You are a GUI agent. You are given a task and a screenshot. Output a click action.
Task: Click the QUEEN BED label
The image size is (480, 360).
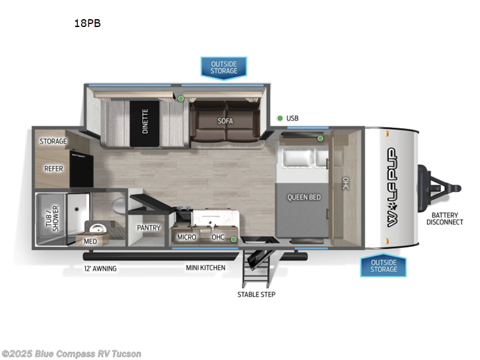pyautogui.click(x=304, y=197)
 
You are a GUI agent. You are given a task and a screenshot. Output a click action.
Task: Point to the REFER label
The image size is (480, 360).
pyautogui.click(x=53, y=169)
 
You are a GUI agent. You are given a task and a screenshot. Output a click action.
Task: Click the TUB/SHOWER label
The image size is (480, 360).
pyautogui.click(x=52, y=218)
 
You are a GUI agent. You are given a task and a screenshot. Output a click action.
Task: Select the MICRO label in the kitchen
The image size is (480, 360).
pyautogui.click(x=187, y=237)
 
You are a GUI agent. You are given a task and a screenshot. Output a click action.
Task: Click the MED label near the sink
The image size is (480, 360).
pyautogui.click(x=90, y=242)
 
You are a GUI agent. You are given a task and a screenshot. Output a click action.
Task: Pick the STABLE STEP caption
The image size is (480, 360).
pyautogui.click(x=256, y=295)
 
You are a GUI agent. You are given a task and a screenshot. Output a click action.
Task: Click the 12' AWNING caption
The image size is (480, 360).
pyautogui.click(x=100, y=268)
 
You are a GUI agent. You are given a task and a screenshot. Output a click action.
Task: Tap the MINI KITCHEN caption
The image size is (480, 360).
pyautogui.click(x=205, y=268)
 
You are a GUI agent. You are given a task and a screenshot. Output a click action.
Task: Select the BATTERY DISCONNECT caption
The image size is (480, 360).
pyautogui.click(x=445, y=218)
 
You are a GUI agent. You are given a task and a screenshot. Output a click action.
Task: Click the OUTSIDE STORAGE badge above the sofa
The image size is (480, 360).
pyautogui.click(x=223, y=67)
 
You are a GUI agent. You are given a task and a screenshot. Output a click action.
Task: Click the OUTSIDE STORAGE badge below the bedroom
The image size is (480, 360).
pyautogui.click(x=383, y=265)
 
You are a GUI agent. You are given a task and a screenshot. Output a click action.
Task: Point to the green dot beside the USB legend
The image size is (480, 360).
pyautogui.click(x=280, y=118)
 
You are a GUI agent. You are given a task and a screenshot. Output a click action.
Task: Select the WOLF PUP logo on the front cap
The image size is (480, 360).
pyautogui.click(x=393, y=187)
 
